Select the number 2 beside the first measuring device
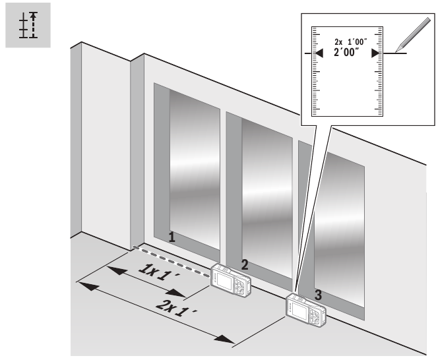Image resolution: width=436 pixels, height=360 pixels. click(x=244, y=264)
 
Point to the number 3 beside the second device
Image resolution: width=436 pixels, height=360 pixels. click(x=319, y=295)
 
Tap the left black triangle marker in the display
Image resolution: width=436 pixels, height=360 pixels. click(x=319, y=53)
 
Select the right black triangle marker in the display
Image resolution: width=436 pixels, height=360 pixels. click(x=375, y=53)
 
